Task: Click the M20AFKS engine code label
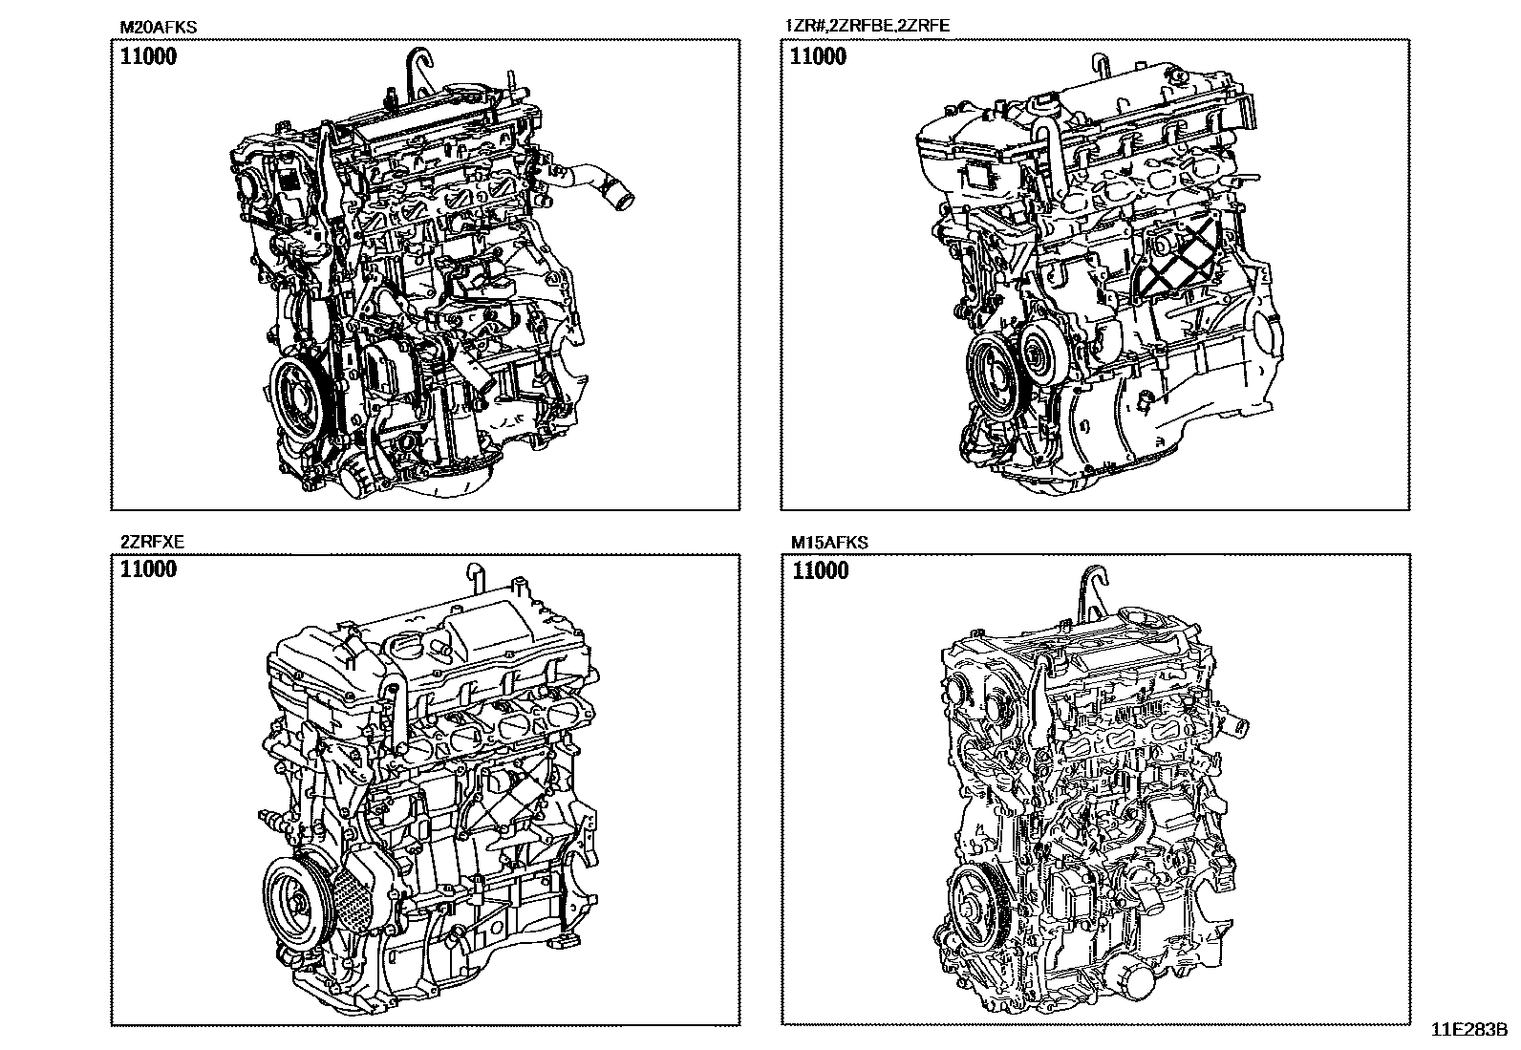tap(159, 27)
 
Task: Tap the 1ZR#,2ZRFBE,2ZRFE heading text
tap(868, 26)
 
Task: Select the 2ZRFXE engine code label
tap(152, 542)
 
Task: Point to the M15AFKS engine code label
tap(829, 543)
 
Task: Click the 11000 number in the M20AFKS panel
tap(148, 56)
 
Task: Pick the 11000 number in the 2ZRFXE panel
tap(148, 569)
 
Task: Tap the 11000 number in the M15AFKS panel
tap(821, 570)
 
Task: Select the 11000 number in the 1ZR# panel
tap(818, 56)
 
